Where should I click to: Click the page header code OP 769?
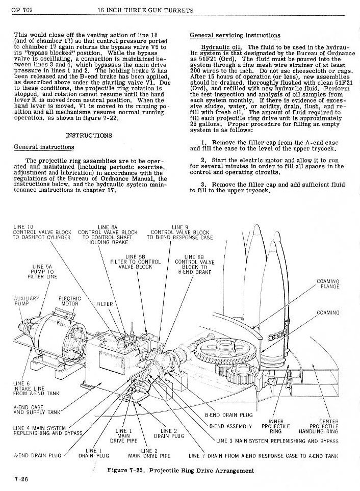pos(22,10)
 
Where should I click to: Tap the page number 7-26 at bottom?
pos(21,480)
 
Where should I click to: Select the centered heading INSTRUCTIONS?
pos(89,135)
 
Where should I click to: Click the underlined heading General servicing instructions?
pos(235,35)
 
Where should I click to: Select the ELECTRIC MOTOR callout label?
pos(69,301)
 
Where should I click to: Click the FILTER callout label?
pos(104,304)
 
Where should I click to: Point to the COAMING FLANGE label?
pos(328,283)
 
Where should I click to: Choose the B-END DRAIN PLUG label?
pos(228,415)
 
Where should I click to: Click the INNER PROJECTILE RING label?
pos(275,426)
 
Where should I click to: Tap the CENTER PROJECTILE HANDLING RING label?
pos(319,426)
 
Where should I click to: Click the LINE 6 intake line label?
pos(36,389)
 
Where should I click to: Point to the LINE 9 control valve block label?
pos(179,232)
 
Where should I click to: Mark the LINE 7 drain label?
pos(263,456)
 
